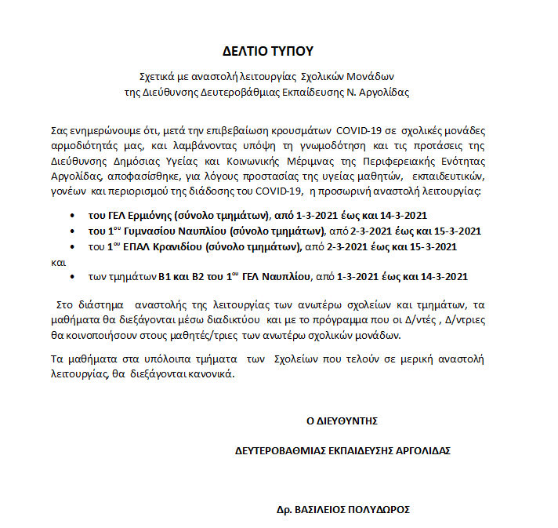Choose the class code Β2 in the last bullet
pyautogui.click(x=197, y=276)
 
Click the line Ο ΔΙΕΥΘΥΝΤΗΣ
pyautogui.click(x=342, y=421)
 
